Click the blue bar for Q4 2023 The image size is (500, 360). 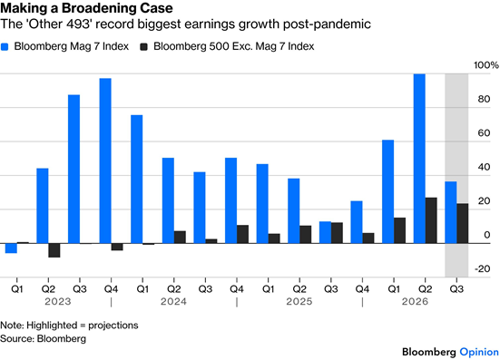pyautogui.click(x=105, y=161)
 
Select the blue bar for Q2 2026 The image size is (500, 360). pyautogui.click(x=419, y=159)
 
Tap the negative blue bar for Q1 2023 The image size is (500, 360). pyautogui.click(x=11, y=248)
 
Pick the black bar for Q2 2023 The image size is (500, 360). pyautogui.click(x=54, y=250)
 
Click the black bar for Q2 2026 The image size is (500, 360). pyautogui.click(x=431, y=220)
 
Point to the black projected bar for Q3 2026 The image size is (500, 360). pyautogui.click(x=463, y=223)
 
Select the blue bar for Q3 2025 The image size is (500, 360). pyautogui.click(x=325, y=232)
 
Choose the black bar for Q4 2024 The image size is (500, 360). pyautogui.click(x=242, y=235)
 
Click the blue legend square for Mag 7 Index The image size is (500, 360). pyautogui.click(x=5, y=47)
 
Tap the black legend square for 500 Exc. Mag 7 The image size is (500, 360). pyautogui.click(x=143, y=47)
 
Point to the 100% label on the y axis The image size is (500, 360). pyautogui.click(x=486, y=65)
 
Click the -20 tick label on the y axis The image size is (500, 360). pyautogui.click(x=483, y=269)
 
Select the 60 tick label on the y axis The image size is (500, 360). pyautogui.click(x=484, y=133)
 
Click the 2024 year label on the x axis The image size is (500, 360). pyautogui.click(x=173, y=301)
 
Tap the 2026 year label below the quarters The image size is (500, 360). pyautogui.click(x=415, y=301)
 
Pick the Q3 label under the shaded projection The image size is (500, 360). pyautogui.click(x=456, y=289)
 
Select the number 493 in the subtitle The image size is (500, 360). pyautogui.click(x=76, y=24)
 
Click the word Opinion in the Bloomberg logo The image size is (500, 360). pyautogui.click(x=479, y=352)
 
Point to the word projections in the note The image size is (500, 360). pyautogui.click(x=113, y=326)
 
